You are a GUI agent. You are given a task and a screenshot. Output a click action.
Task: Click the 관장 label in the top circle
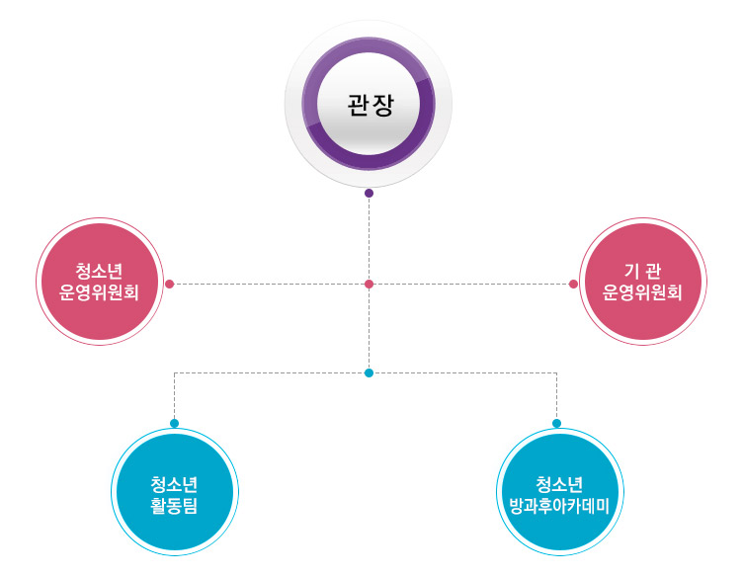[x=369, y=105]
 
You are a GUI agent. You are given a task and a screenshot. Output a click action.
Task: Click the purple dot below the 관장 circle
[x=369, y=194]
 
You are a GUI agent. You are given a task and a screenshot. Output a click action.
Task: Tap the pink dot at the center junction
[x=369, y=285]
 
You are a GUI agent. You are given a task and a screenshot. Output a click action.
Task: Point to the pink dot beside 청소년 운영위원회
[x=170, y=285]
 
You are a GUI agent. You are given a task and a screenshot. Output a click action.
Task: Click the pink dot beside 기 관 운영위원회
[x=573, y=285]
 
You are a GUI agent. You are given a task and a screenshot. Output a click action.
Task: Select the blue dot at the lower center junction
[x=369, y=373]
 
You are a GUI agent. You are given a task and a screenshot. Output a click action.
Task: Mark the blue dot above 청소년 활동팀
[x=175, y=423]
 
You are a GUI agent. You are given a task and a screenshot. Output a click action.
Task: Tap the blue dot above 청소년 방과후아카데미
[x=556, y=423]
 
